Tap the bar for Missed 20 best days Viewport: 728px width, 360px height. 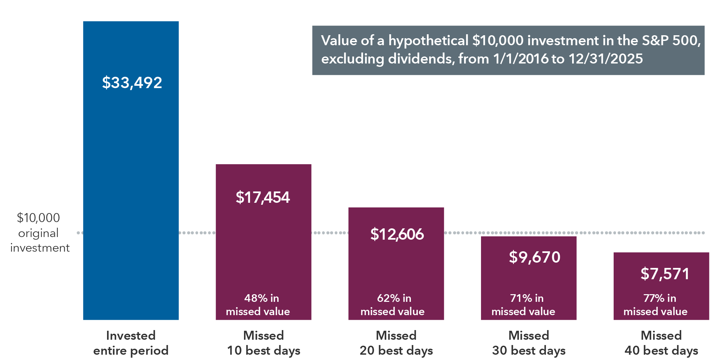pyautogui.click(x=396, y=266)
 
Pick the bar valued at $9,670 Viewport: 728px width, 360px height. pyautogui.click(x=529, y=279)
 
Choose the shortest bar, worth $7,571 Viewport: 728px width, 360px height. pyautogui.click(x=661, y=289)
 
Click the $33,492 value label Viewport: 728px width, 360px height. pyautogui.click(x=132, y=82)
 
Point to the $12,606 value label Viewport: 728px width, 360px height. pyautogui.click(x=397, y=234)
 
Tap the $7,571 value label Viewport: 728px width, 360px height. pyautogui.click(x=665, y=274)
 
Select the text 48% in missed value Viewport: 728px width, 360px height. pyautogui.click(x=258, y=304)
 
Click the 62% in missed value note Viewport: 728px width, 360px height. pyautogui.click(x=393, y=304)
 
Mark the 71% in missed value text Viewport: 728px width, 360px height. pyautogui.click(x=524, y=304)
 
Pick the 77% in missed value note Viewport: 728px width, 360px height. pyautogui.click(x=656, y=304)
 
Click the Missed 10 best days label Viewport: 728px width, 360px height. pyautogui.click(x=263, y=343)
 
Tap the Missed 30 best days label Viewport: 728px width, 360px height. pyautogui.click(x=529, y=343)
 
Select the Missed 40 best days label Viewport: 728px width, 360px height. pyautogui.click(x=661, y=343)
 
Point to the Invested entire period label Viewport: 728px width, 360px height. pyautogui.click(x=131, y=343)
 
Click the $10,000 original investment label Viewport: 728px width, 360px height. pyautogui.click(x=39, y=233)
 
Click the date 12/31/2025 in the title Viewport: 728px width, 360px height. pyautogui.click(x=606, y=59)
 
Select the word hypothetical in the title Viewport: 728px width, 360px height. pyautogui.click(x=428, y=41)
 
